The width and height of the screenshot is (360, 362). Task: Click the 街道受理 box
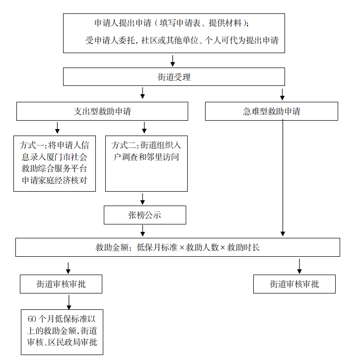pos(174,77)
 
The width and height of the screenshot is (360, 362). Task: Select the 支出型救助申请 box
pos(102,111)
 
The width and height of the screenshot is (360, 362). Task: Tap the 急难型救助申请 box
pos(271,111)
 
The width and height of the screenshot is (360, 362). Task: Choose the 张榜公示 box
pos(145,215)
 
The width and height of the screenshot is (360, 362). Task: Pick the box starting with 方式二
pos(146,163)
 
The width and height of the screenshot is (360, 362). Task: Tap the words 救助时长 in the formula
pos(243,247)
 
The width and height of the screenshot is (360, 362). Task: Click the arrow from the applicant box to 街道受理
pos(173,60)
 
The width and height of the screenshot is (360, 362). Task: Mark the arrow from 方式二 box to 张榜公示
pos(143,199)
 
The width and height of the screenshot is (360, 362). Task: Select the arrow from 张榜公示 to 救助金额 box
pos(143,230)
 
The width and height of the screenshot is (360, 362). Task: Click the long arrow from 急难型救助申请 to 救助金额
pos(283,179)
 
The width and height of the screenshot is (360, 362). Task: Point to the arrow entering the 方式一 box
pos(57,128)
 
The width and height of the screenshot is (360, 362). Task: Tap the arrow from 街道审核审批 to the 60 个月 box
pos(69,301)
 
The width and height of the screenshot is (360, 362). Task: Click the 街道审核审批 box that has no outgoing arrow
pos(294,284)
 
